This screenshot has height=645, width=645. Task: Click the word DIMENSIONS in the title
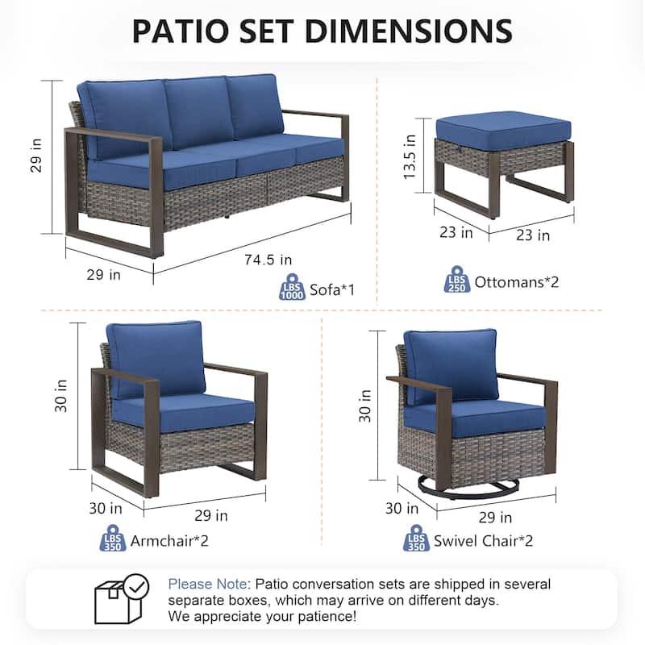click(409, 31)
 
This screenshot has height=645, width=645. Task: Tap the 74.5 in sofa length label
click(268, 260)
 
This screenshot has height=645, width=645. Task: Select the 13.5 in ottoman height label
click(410, 156)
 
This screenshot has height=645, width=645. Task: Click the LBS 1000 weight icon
click(292, 286)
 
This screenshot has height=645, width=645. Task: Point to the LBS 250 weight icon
click(457, 279)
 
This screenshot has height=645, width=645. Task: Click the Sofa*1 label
click(332, 289)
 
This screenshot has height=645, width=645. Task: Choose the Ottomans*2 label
click(517, 282)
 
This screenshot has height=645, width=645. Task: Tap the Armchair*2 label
click(169, 540)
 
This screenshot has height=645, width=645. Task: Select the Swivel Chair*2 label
click(483, 540)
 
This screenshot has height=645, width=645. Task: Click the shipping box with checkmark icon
click(122, 598)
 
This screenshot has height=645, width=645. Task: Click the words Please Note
click(207, 584)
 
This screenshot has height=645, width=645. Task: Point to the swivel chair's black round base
click(468, 489)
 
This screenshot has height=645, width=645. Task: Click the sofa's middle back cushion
click(198, 112)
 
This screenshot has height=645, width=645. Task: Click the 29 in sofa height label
click(36, 156)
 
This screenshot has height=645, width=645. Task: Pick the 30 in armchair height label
click(60, 396)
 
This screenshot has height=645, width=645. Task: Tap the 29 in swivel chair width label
click(495, 517)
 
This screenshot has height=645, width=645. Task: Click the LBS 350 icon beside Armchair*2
click(113, 538)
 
